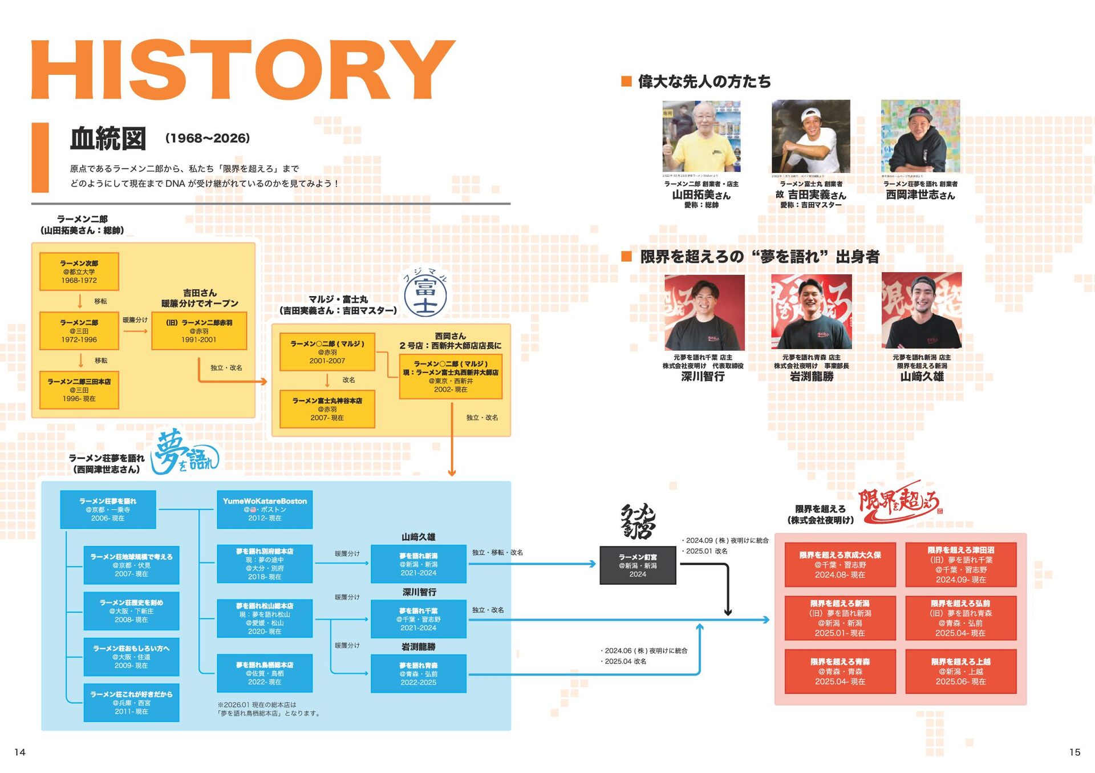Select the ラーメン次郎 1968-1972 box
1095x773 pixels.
click(x=79, y=272)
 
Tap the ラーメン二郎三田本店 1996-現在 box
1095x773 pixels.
click(x=79, y=390)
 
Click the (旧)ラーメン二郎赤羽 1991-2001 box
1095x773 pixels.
click(x=199, y=331)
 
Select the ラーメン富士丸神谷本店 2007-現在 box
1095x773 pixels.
click(x=327, y=409)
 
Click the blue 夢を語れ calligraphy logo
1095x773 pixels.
click(x=184, y=453)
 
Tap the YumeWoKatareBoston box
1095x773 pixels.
click(x=265, y=509)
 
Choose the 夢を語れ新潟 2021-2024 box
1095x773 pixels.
click(x=418, y=564)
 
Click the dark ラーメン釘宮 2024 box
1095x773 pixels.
click(x=638, y=565)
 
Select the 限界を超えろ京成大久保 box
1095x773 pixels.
click(x=839, y=565)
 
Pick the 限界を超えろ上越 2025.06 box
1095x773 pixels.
click(x=960, y=671)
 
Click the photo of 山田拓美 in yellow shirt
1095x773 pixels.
click(x=701, y=136)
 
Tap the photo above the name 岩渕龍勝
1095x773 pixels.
click(x=811, y=312)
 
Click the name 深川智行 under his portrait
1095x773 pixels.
click(x=703, y=377)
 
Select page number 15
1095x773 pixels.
click(x=1074, y=752)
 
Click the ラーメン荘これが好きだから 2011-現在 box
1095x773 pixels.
click(x=131, y=703)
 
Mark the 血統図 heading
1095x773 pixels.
click(x=108, y=139)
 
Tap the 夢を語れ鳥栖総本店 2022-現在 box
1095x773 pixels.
click(x=265, y=673)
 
